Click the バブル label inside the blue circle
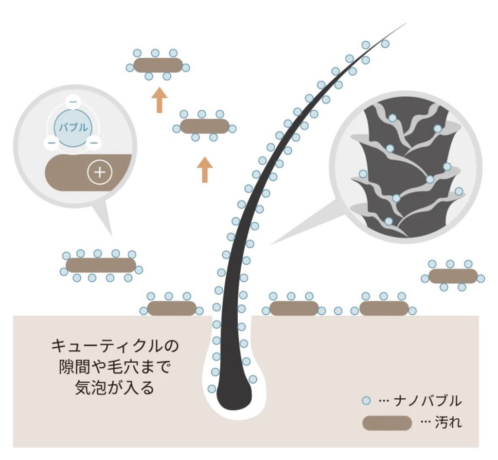(x=73, y=128)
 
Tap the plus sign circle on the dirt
(x=100, y=172)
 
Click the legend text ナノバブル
(x=427, y=401)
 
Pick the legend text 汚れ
(x=448, y=423)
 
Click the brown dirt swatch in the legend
(x=387, y=423)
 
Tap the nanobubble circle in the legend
(x=367, y=401)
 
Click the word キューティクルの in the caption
(x=115, y=345)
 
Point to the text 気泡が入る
(x=115, y=387)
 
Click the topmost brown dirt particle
(x=158, y=65)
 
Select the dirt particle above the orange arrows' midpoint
(x=205, y=126)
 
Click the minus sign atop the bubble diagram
(x=73, y=102)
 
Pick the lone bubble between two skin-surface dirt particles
(x=338, y=310)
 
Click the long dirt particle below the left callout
(x=101, y=265)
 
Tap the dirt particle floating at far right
(x=453, y=276)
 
